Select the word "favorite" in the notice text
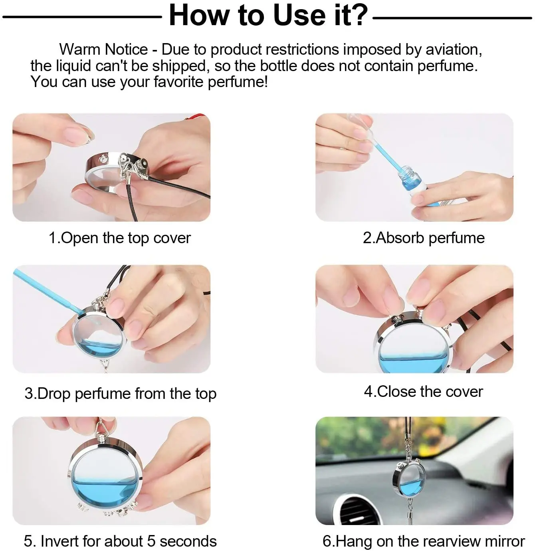[x=178, y=82]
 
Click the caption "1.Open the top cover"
[x=120, y=238]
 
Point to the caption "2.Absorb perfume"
[x=424, y=238]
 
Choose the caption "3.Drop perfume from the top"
[x=121, y=394]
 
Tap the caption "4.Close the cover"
[x=424, y=392]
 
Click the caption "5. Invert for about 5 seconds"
[x=120, y=541]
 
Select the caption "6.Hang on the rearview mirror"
[x=424, y=541]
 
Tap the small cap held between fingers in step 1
[x=88, y=136]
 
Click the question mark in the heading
[x=358, y=15]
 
